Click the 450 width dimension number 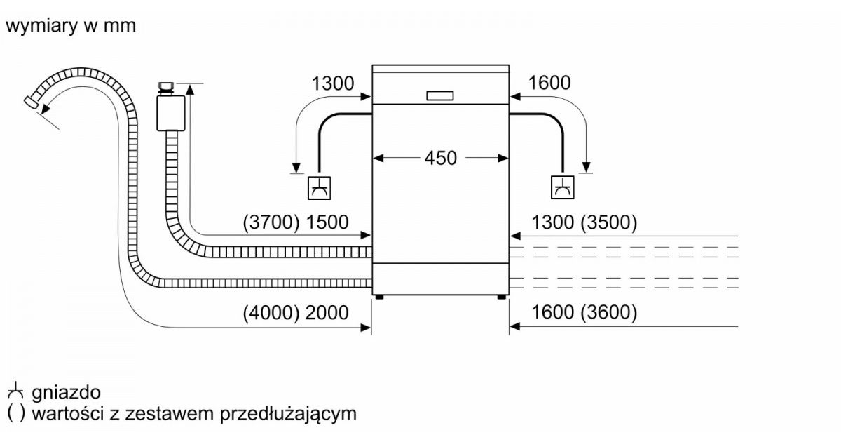pyautogui.click(x=440, y=158)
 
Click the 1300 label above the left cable pyautogui.click(x=333, y=83)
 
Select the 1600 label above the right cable pyautogui.click(x=549, y=83)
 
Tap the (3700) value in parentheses pyautogui.click(x=271, y=222)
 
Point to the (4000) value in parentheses pyautogui.click(x=271, y=313)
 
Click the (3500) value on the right pyautogui.click(x=608, y=222)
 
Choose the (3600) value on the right pyautogui.click(x=608, y=313)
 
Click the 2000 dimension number pyautogui.click(x=327, y=313)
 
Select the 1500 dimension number pyautogui.click(x=327, y=222)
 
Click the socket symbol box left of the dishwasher pyautogui.click(x=320, y=188)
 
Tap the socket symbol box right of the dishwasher pyautogui.click(x=562, y=188)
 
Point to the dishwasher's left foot pyautogui.click(x=379, y=297)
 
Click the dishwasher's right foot pyautogui.click(x=502, y=297)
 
